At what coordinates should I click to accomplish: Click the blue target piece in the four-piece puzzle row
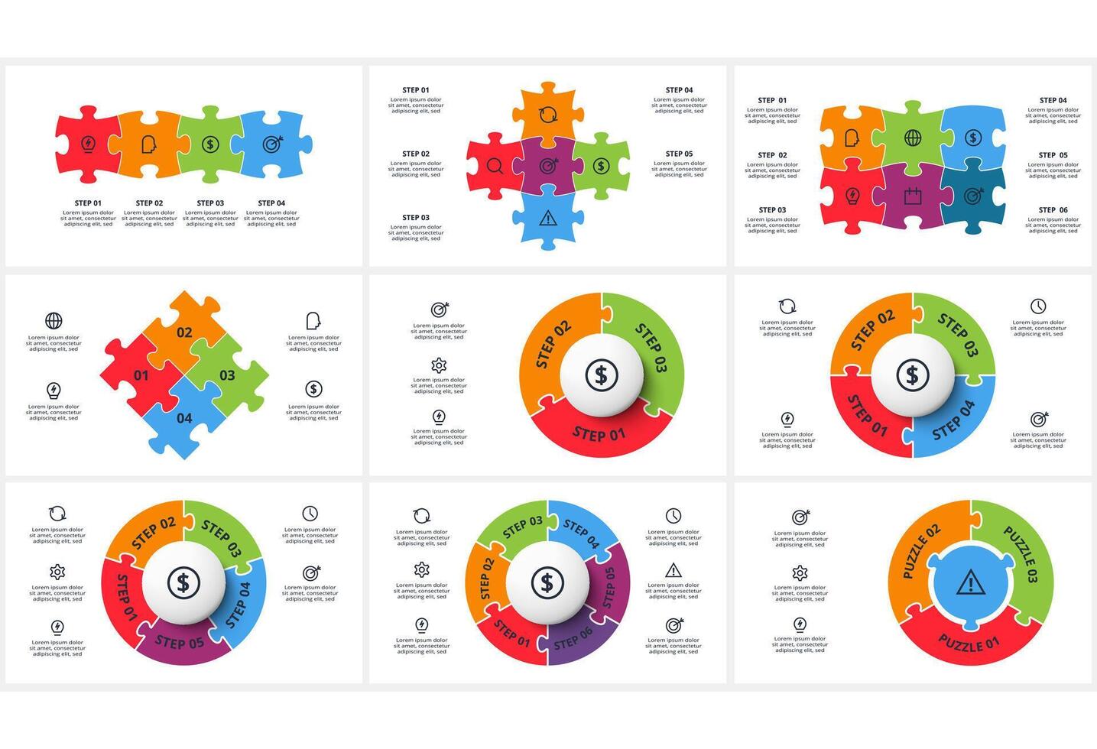coord(271,144)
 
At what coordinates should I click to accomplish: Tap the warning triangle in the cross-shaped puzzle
coord(547,219)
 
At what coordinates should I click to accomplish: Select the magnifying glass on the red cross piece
coord(495,166)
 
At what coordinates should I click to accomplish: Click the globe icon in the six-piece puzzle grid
coord(913,138)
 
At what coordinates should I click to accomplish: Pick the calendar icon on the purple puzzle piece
coord(913,196)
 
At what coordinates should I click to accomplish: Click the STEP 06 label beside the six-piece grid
coord(1053,210)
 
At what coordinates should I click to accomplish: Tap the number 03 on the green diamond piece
coord(227,375)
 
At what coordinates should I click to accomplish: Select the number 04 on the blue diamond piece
coord(184,418)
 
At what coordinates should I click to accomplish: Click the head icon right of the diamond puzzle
coord(313,320)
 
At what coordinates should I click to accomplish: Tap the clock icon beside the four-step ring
coord(1037,306)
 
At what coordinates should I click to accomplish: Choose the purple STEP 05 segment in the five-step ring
coord(180,642)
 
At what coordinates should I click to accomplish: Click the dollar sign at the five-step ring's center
coord(183,583)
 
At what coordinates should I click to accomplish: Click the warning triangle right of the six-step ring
coord(673,570)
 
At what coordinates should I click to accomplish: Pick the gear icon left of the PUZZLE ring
coord(800,573)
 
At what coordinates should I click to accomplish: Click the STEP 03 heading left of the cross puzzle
coord(416,218)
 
